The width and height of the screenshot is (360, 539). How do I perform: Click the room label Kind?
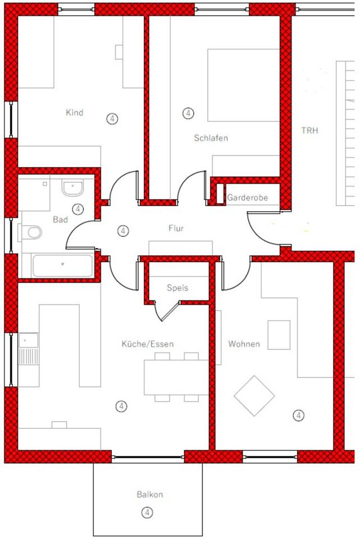74,113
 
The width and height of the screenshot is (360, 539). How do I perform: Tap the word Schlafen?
211,138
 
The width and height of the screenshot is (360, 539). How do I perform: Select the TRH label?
309,131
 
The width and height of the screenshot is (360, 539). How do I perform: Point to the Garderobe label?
247,198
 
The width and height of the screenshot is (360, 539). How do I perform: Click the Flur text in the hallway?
176,229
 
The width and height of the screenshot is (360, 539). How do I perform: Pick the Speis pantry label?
177,288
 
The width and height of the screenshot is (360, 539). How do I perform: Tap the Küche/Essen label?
148,344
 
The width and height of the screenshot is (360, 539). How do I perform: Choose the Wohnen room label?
244,344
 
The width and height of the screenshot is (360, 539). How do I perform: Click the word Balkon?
149,495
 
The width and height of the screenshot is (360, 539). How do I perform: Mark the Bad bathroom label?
60,220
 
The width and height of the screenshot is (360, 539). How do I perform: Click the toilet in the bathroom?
33,231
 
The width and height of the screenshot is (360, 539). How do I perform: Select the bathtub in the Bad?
62,265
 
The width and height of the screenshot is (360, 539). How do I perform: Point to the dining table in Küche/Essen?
176,377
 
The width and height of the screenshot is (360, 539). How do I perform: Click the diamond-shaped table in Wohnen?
254,395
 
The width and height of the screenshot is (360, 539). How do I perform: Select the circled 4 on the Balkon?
147,512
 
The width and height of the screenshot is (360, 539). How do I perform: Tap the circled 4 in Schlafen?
188,113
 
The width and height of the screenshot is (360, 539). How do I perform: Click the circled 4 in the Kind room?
112,118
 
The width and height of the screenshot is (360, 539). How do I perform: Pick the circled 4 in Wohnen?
299,415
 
